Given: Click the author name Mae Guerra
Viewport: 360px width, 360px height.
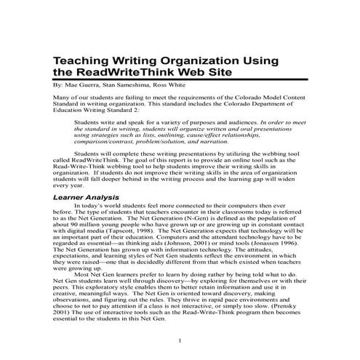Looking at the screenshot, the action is tap(81, 84).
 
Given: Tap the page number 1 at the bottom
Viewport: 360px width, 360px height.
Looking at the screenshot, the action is tap(180, 341).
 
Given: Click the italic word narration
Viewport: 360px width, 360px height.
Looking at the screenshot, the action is tap(214, 142).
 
